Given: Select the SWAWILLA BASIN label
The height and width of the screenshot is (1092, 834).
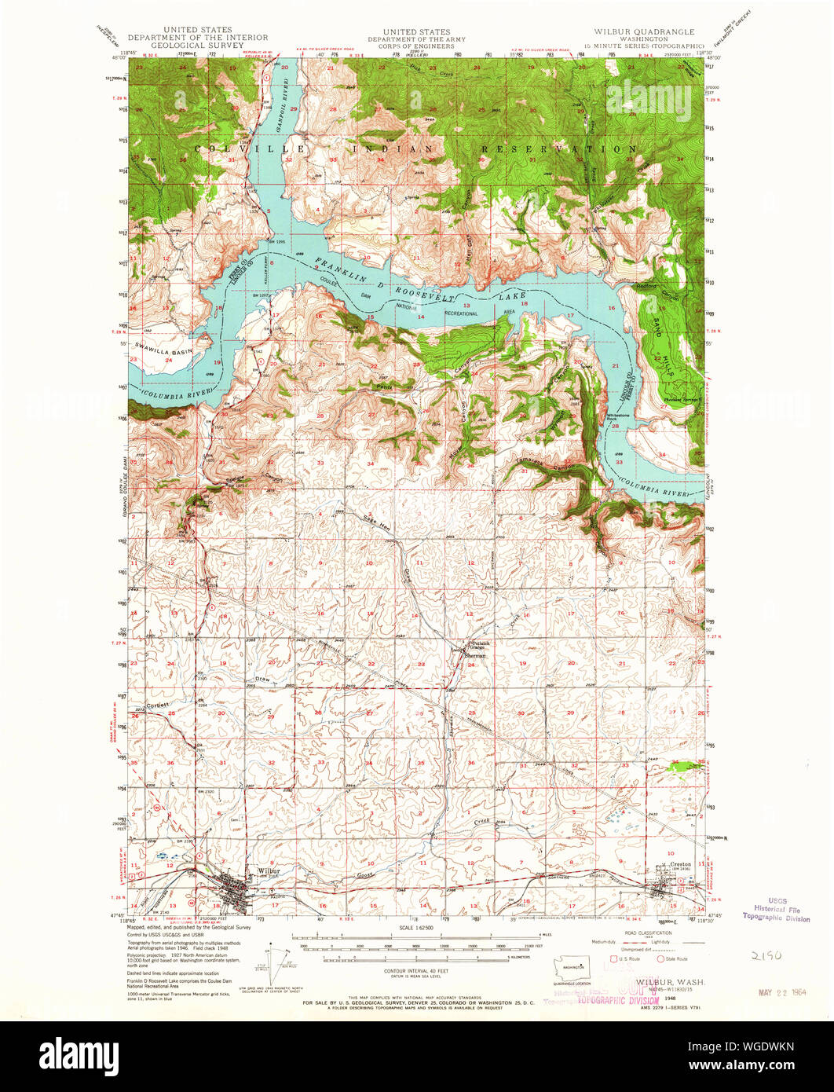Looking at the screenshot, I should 163,346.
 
